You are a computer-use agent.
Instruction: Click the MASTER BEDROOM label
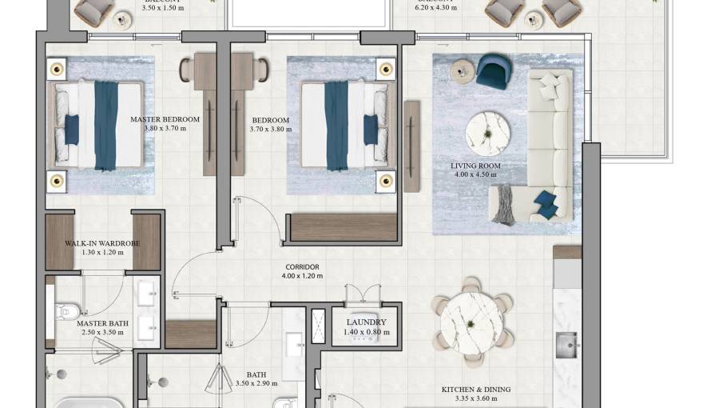tap(165, 119)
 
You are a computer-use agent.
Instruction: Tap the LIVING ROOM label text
tap(475, 166)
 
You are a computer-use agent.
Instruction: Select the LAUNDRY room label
tap(367, 322)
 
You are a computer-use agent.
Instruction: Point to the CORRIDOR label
tap(302, 267)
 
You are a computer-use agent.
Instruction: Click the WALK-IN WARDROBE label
tap(102, 243)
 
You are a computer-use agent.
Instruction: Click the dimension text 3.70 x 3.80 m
tap(269, 129)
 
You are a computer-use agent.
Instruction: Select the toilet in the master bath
tap(66, 311)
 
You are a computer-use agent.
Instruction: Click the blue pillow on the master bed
tap(71, 129)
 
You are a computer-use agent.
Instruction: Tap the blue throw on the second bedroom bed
tap(336, 126)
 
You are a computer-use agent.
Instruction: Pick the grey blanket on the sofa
tap(502, 204)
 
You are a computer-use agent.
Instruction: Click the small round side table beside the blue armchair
tap(462, 72)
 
